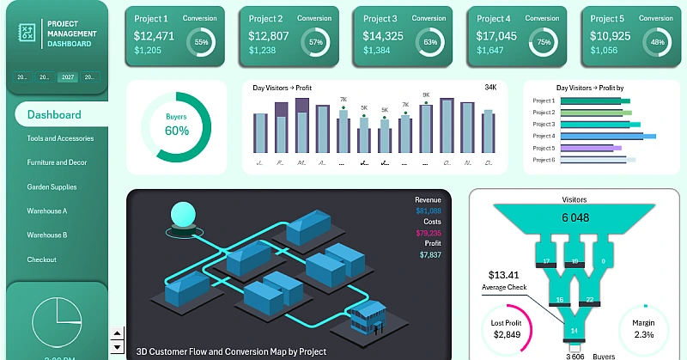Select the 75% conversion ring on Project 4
[542, 42]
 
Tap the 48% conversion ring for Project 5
[657, 42]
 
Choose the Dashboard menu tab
[54, 114]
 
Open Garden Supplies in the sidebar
[52, 186]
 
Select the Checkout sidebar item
[41, 259]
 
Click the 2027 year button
[67, 77]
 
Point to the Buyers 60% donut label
[176, 126]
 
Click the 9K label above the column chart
[426, 95]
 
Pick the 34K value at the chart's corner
[490, 88]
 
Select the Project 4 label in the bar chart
[544, 136]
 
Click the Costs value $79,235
[429, 233]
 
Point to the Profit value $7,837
[430, 255]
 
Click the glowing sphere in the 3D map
[183, 214]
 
